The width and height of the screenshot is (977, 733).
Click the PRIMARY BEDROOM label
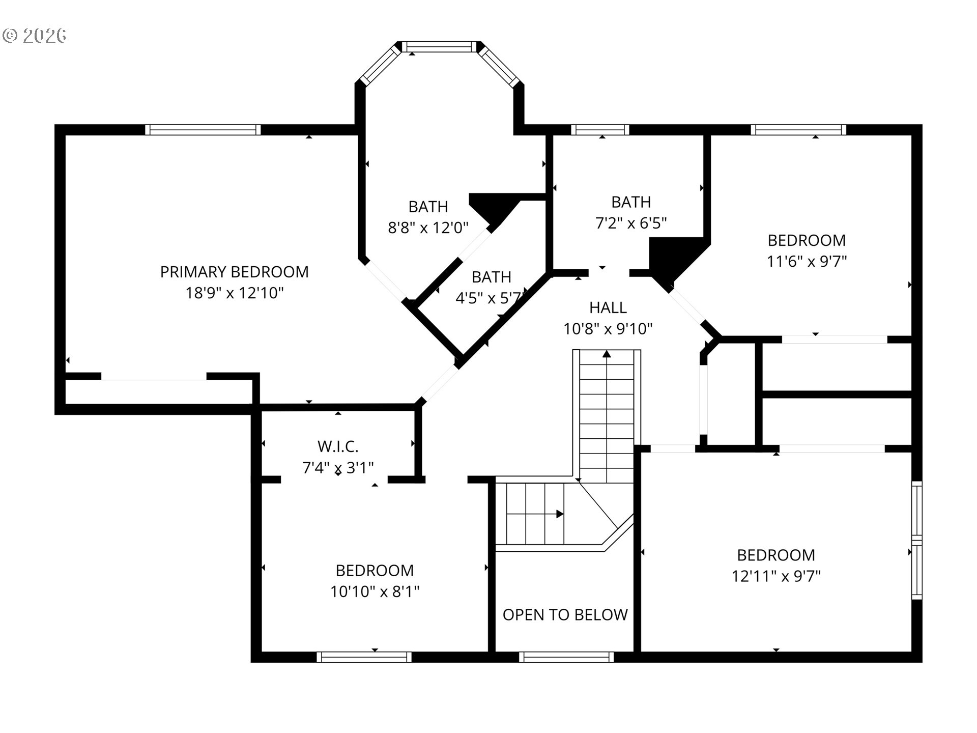pyautogui.click(x=234, y=272)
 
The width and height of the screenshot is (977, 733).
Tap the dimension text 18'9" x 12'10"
pyautogui.click(x=234, y=293)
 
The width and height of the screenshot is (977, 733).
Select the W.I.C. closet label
pyautogui.click(x=338, y=446)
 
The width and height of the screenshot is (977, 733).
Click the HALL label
pyautogui.click(x=608, y=307)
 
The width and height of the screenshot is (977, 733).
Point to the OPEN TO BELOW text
pyautogui.click(x=565, y=615)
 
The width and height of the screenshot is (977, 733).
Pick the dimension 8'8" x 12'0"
pyautogui.click(x=428, y=228)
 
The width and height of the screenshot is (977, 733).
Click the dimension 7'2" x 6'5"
pyautogui.click(x=631, y=223)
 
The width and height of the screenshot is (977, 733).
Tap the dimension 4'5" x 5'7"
pyautogui.click(x=490, y=298)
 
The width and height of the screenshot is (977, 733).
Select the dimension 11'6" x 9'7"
pyautogui.click(x=807, y=261)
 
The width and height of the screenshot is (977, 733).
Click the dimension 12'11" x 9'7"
pyautogui.click(x=776, y=576)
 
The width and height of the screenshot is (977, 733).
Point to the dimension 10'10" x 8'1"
pyautogui.click(x=375, y=591)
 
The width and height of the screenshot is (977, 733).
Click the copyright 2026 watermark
pyautogui.click(x=35, y=35)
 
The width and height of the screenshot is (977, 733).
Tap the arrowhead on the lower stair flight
pyautogui.click(x=560, y=514)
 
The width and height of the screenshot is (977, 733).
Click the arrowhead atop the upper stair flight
pyautogui.click(x=607, y=354)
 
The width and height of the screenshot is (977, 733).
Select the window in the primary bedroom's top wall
pyautogui.click(x=203, y=130)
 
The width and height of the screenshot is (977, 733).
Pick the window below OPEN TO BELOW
pyautogui.click(x=566, y=657)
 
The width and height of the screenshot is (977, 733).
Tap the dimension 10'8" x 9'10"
pyautogui.click(x=608, y=329)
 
